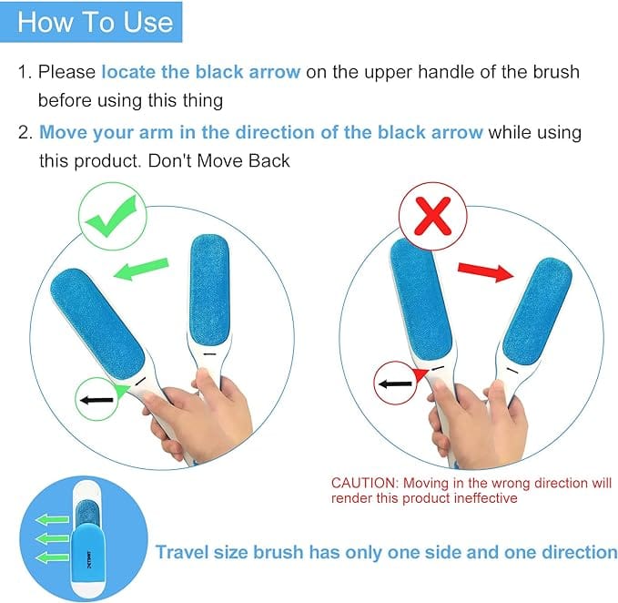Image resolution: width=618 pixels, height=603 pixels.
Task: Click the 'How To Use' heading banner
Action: coord(95,22)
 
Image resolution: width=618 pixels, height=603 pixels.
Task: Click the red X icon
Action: coord(432,217)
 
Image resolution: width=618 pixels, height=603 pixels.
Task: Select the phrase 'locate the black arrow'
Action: coord(200,72)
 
